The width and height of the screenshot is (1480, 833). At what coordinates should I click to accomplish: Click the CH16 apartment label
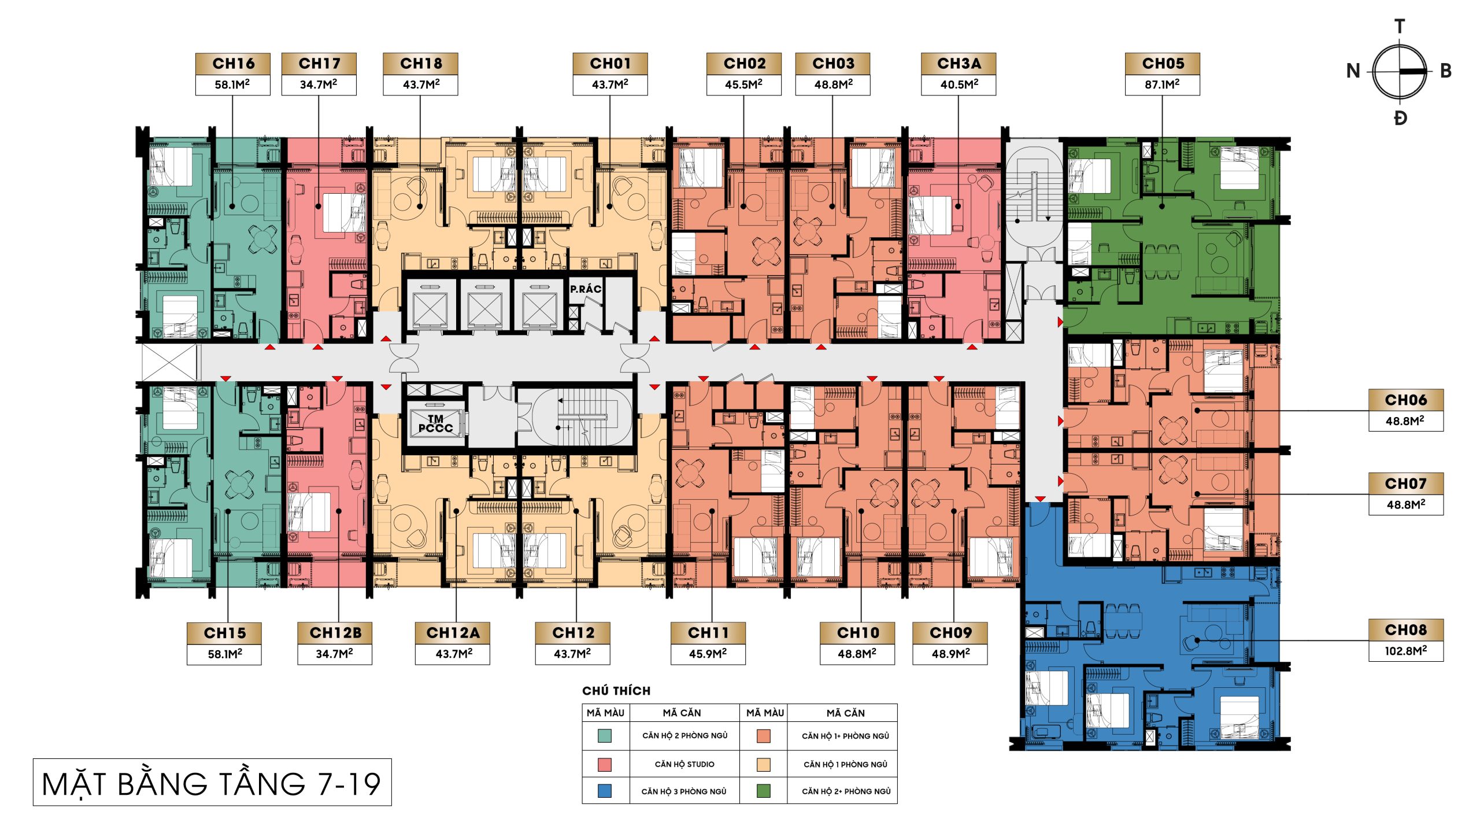(x=233, y=64)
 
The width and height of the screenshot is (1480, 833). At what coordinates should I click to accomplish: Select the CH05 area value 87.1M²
(x=1162, y=84)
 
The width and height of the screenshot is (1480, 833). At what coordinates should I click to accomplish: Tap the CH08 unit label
(x=1406, y=630)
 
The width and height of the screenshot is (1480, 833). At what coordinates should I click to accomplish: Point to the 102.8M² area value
(x=1406, y=651)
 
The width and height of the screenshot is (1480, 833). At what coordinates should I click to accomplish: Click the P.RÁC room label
(x=586, y=289)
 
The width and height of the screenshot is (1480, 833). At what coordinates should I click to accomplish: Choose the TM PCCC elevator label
(x=436, y=423)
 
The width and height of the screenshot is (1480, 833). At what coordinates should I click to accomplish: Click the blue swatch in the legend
(x=605, y=791)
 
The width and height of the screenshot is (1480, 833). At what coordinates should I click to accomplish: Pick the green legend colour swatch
(x=764, y=791)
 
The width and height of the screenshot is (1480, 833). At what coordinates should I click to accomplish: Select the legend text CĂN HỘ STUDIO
(x=684, y=764)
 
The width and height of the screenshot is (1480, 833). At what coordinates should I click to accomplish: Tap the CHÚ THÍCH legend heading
(x=616, y=691)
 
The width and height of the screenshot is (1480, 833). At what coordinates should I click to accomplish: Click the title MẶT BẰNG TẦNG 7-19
(x=212, y=784)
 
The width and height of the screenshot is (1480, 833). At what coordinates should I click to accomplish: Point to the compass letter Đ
(x=1400, y=119)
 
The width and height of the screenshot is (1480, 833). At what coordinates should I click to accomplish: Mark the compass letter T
(x=1400, y=27)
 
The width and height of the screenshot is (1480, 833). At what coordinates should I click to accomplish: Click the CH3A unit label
(x=959, y=64)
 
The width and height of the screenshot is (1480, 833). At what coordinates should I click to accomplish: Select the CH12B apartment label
(x=335, y=633)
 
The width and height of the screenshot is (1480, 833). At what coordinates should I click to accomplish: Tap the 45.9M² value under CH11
(x=708, y=654)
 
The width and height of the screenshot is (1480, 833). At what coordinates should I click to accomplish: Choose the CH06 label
(x=1406, y=400)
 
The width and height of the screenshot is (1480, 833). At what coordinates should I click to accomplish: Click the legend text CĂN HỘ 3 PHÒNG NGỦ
(x=684, y=791)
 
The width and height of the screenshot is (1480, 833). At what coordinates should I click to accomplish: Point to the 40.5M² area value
(x=959, y=84)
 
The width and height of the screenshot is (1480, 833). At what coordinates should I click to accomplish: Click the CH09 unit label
(x=950, y=633)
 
